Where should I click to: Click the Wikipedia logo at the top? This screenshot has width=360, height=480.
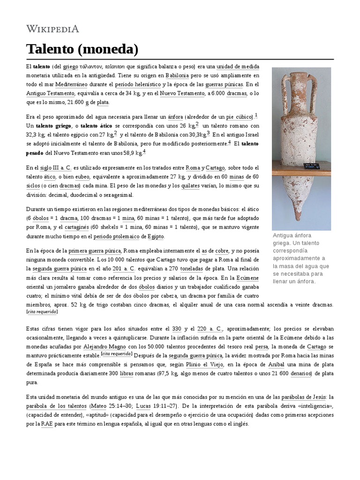point(52,29)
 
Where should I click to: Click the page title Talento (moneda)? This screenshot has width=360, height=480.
point(82,49)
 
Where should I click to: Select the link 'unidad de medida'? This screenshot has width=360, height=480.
point(238,67)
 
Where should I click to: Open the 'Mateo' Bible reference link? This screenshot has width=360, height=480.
point(99,405)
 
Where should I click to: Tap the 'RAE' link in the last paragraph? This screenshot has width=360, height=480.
point(47,423)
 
